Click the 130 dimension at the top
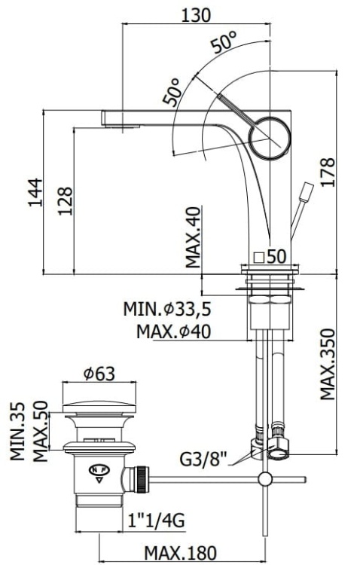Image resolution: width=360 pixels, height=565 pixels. point(196,14)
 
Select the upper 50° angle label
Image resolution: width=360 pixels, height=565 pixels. point(224,43)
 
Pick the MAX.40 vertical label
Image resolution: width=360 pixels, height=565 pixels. point(194,239)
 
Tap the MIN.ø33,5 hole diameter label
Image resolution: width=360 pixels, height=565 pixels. point(168,309)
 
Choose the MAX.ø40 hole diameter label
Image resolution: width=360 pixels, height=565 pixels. point(174,330)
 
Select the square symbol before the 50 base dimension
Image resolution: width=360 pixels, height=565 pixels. point(258,256)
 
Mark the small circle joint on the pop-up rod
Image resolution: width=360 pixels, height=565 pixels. point(264,478)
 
